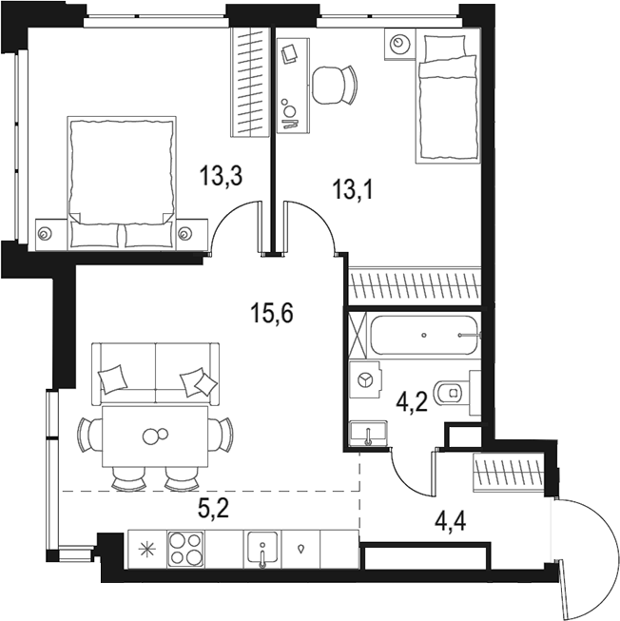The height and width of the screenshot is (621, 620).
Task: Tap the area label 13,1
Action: tap(352, 189)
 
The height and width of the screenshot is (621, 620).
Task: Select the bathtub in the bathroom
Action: tap(424, 336)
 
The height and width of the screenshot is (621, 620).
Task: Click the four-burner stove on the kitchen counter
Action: tap(185, 548)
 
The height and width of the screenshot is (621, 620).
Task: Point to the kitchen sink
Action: tap(262, 549)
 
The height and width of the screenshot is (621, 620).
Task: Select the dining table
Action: tap(155, 437)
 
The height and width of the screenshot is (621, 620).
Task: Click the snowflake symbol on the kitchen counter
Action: tap(145, 548)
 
